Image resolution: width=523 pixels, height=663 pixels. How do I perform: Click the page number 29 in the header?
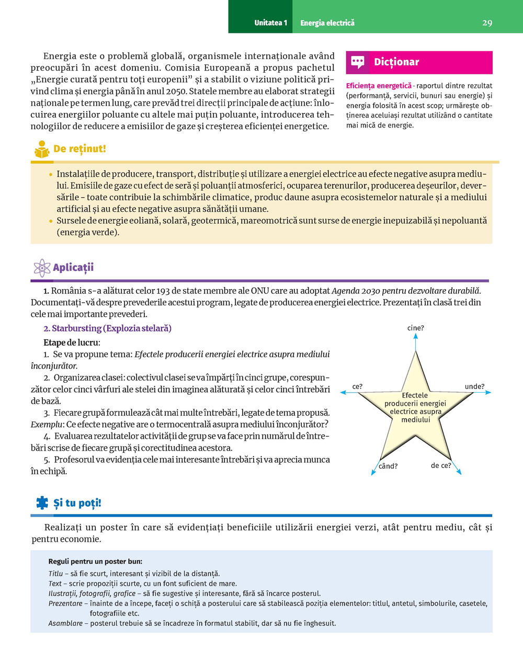point(487,23)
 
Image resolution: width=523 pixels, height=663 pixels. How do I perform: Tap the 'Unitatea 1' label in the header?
point(270,23)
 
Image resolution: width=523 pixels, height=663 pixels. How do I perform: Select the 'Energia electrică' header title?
point(327,23)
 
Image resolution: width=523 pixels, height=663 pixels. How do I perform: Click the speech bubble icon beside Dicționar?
point(358,62)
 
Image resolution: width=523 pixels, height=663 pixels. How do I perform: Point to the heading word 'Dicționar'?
point(396,62)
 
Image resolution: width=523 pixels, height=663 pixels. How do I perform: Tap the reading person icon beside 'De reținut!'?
point(42,150)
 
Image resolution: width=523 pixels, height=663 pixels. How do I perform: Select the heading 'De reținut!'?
point(79,149)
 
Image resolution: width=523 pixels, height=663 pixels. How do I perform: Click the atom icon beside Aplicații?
point(41,268)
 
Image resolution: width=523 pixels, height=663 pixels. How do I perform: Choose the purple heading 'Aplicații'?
point(73,268)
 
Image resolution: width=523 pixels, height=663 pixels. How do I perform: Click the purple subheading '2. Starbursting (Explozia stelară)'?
point(107,328)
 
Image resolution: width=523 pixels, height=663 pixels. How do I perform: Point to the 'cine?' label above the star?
point(416,328)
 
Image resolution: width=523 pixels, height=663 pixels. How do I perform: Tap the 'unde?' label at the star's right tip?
point(474,387)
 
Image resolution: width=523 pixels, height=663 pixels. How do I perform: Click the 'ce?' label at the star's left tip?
point(357,387)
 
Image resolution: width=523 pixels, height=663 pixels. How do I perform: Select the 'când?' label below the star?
point(388,466)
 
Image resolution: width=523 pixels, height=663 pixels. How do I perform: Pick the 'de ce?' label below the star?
point(441,465)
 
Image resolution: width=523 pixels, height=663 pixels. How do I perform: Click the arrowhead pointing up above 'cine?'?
point(416,336)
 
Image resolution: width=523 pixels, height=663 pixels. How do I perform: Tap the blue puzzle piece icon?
point(42,503)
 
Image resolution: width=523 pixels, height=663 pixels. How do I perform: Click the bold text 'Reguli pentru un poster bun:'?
point(95,562)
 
